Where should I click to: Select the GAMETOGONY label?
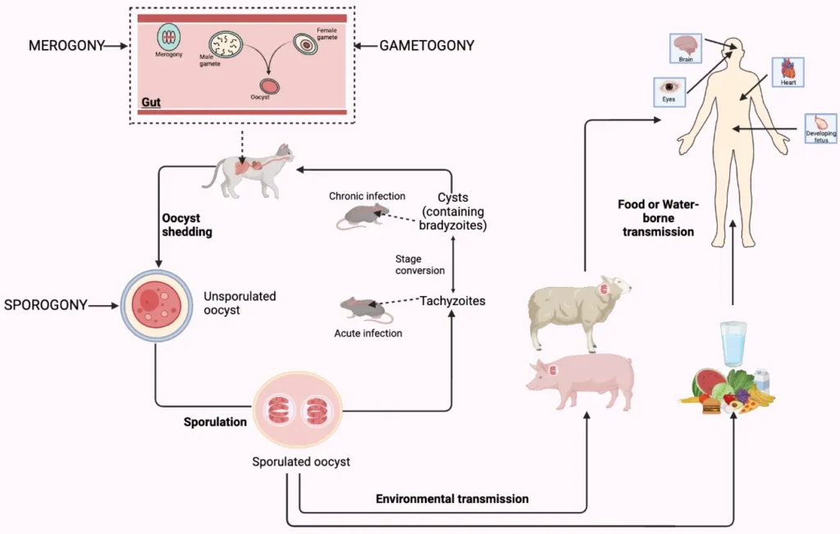click(427, 46)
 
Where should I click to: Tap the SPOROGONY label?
click(45, 305)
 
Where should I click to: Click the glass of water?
click(733, 344)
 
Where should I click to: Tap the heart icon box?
click(787, 72)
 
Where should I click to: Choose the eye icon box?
click(669, 90)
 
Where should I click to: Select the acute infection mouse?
click(362, 309)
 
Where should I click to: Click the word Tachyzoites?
click(452, 301)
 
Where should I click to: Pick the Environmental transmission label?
click(451, 498)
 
